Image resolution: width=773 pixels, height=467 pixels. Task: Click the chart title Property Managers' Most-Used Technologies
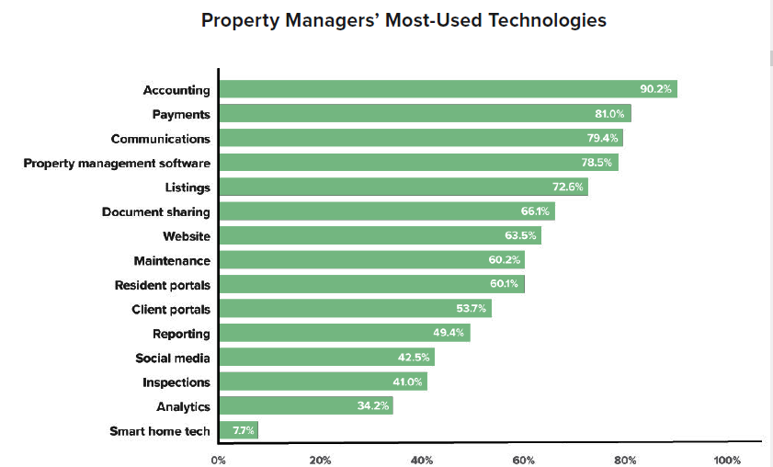coord(404,20)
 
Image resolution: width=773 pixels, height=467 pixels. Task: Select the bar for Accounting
coord(448,89)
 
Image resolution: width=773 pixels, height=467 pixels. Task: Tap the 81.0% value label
coord(609,114)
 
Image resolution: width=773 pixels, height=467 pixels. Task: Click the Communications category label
coord(160,139)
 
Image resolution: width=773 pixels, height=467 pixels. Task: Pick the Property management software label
coord(117,163)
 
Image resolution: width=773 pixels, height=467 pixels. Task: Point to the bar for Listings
coord(403,187)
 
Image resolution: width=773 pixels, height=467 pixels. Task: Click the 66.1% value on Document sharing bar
coord(535,211)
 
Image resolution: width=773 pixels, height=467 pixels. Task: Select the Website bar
coord(380,236)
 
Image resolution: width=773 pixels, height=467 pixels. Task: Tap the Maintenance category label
coord(172,260)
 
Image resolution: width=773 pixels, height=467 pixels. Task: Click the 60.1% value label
coord(505,284)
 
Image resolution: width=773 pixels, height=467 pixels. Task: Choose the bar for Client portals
coord(355,309)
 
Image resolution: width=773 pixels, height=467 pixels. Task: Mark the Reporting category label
coord(181,334)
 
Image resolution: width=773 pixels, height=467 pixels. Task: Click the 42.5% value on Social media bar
coord(415,358)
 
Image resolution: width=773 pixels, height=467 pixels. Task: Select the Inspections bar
coord(323,382)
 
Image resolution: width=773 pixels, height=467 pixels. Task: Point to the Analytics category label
coord(183,406)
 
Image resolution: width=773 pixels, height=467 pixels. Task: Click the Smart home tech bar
coord(238,430)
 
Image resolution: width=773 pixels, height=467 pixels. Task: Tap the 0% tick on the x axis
coord(219,460)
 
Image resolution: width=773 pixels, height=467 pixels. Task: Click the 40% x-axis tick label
coord(422,460)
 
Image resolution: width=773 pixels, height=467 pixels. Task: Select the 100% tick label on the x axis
coord(727,460)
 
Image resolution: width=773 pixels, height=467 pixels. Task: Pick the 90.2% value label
coord(656,89)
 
